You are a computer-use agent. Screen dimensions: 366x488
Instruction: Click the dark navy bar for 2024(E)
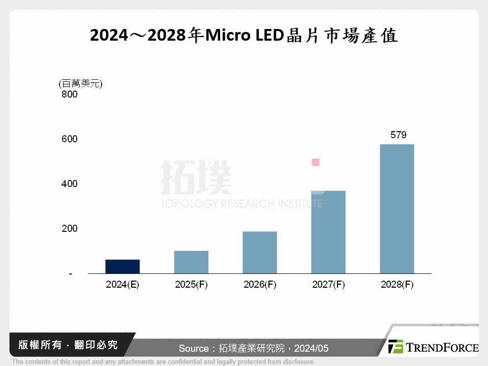123,266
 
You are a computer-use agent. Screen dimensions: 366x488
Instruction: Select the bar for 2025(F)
191,262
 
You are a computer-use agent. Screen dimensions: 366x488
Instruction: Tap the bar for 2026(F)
260,253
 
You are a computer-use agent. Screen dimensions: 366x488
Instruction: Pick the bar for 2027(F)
328,232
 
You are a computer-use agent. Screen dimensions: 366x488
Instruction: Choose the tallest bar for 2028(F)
397,208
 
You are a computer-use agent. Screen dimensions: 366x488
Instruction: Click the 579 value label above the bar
398,135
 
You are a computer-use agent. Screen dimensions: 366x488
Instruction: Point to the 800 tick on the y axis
69,95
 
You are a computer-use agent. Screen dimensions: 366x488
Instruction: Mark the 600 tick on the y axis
69,139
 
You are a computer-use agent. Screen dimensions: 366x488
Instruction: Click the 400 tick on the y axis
69,184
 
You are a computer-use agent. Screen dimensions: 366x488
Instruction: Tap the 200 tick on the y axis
69,228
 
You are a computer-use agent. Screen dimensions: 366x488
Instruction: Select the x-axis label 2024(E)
123,285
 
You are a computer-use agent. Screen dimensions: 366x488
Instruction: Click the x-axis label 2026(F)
260,285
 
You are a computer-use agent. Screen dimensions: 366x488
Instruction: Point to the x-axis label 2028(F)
397,285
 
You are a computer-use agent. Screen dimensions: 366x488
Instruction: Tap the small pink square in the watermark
316,162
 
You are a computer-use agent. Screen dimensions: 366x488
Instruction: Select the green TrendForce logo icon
396,347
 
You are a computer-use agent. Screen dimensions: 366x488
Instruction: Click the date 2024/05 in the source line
311,348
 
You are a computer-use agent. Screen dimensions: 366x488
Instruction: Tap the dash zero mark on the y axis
70,273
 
